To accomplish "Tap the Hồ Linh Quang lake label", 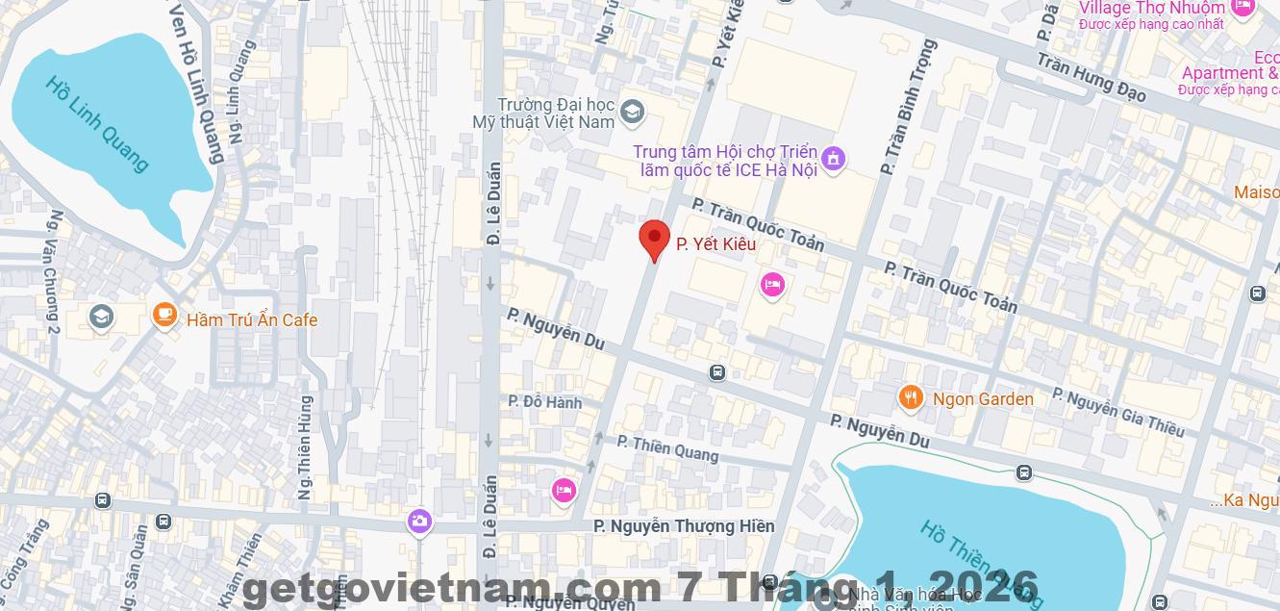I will [97, 123].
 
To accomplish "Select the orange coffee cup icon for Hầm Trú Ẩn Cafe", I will [164, 315].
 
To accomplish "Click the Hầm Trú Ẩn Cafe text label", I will [252, 320].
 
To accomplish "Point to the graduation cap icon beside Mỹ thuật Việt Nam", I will [632, 113].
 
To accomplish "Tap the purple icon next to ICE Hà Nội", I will [834, 158].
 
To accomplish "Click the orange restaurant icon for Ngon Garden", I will [910, 397].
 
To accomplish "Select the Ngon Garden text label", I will [983, 398].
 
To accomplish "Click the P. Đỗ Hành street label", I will [545, 402].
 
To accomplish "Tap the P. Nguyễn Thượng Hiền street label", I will [684, 526].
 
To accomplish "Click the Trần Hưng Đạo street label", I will [1092, 77].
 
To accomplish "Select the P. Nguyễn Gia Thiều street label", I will [1117, 412].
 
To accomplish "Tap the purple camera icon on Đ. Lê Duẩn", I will [418, 522].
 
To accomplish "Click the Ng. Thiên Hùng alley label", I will [305, 447].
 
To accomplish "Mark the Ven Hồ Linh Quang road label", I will [196, 81].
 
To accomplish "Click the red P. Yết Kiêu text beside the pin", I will [715, 244].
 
